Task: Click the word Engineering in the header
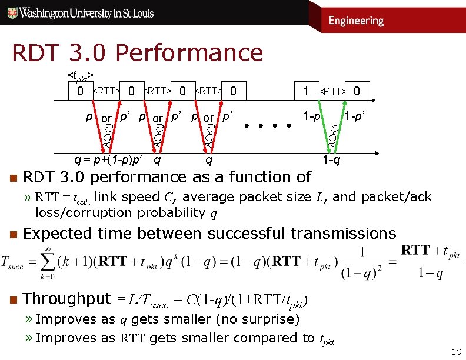(x=356, y=21)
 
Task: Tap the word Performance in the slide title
(x=189, y=53)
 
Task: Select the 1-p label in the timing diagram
(x=311, y=116)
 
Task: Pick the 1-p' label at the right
(x=357, y=116)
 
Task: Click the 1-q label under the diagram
(x=330, y=159)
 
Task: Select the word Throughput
(x=67, y=299)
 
